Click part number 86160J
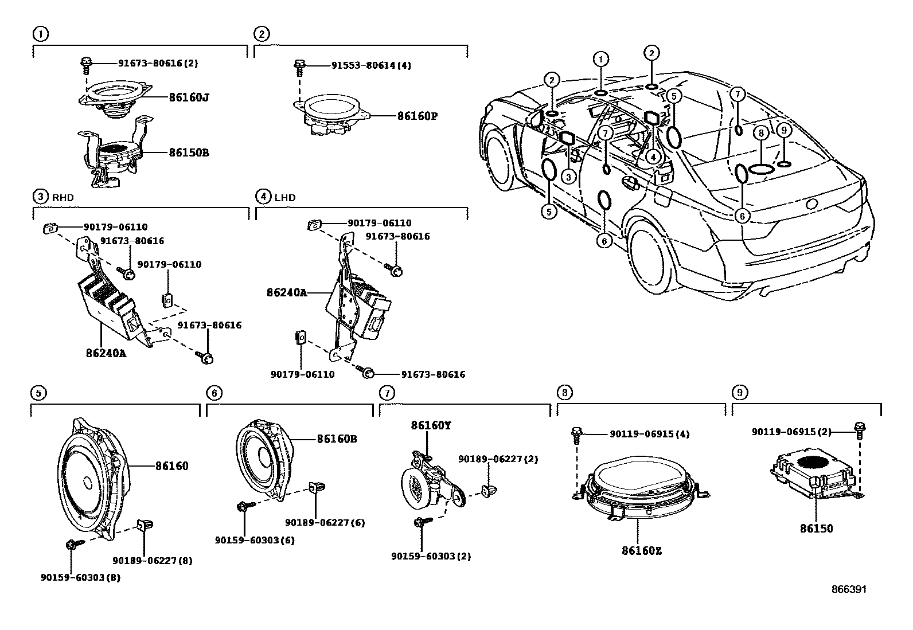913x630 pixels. click(x=189, y=97)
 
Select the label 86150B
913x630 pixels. click(x=189, y=153)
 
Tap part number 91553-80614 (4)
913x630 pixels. click(x=370, y=66)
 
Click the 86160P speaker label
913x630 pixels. click(x=418, y=116)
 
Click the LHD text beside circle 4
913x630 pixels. click(x=285, y=198)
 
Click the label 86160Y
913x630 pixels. click(x=431, y=426)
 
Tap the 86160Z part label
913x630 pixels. click(x=642, y=551)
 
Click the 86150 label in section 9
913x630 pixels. click(x=817, y=529)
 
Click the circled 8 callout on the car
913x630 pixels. click(x=760, y=134)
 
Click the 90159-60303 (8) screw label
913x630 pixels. click(x=80, y=577)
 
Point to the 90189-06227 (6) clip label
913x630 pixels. click(x=325, y=522)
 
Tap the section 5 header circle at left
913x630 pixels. click(x=38, y=393)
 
